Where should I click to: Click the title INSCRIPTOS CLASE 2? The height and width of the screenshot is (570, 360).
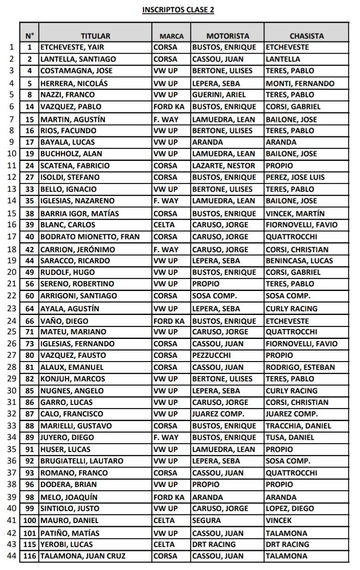coord(178,10)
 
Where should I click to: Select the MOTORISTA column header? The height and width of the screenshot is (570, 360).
coord(228,36)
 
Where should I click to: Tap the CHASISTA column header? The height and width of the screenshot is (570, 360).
coord(306,36)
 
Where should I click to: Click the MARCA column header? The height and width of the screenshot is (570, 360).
coord(172,36)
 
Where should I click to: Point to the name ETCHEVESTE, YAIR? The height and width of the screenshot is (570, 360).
coord(72,47)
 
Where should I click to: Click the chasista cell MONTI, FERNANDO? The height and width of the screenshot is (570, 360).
coord(300,83)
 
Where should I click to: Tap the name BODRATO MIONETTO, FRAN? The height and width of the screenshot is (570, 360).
coord(90,237)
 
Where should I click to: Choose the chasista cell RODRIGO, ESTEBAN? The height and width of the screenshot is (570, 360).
coord(300,368)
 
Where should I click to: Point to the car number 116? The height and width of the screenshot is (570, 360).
coord(30,556)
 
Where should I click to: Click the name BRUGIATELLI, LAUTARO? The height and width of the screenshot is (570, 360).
coord(82,461)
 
